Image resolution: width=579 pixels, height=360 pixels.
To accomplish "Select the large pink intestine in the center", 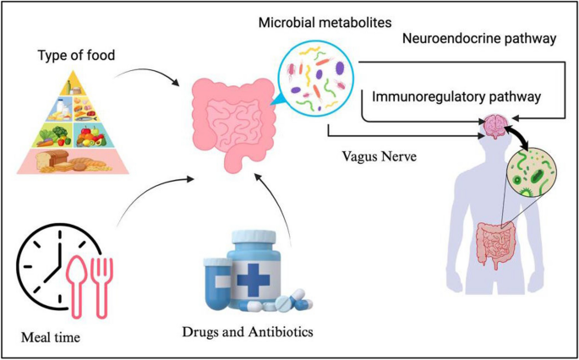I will (228, 122).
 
